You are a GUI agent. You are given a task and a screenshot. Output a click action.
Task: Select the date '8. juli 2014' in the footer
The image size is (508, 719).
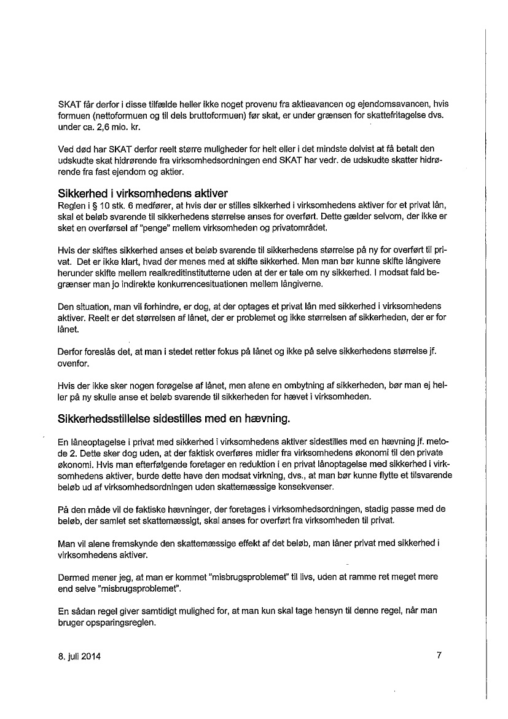point(76,656)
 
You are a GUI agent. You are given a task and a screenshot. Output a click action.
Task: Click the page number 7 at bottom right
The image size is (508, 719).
point(439,656)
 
